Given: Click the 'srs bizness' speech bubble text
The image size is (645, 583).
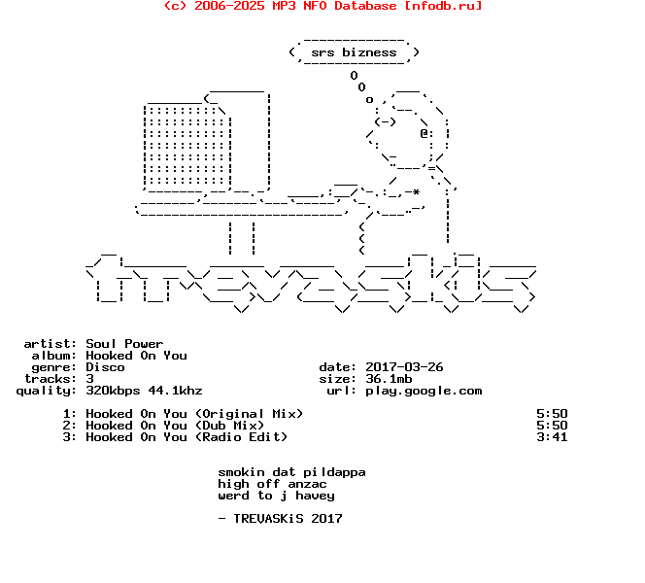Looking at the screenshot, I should [x=354, y=52].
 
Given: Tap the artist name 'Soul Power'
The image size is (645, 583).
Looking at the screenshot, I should [x=124, y=344].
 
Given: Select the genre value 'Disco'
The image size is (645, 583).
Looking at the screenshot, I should [x=105, y=367].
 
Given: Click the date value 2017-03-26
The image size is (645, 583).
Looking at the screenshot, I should [x=404, y=367].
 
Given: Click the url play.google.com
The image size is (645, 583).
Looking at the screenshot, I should [x=424, y=391].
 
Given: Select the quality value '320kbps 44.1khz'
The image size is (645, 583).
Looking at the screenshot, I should [x=144, y=391].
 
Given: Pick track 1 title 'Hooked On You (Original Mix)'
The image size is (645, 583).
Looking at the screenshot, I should [x=194, y=414].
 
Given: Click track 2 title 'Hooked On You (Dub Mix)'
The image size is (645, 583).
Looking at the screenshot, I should [x=175, y=426].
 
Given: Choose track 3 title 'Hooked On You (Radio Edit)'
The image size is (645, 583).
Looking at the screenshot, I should [x=187, y=437].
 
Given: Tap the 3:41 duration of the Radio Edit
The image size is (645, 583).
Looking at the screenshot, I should [x=552, y=437].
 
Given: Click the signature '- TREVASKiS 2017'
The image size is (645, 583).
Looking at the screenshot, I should [x=280, y=519].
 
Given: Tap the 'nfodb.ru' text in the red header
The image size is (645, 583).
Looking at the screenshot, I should [x=445, y=6].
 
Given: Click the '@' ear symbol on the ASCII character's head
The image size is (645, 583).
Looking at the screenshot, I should [x=424, y=133].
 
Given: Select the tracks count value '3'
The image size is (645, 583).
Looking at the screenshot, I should [x=89, y=379].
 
